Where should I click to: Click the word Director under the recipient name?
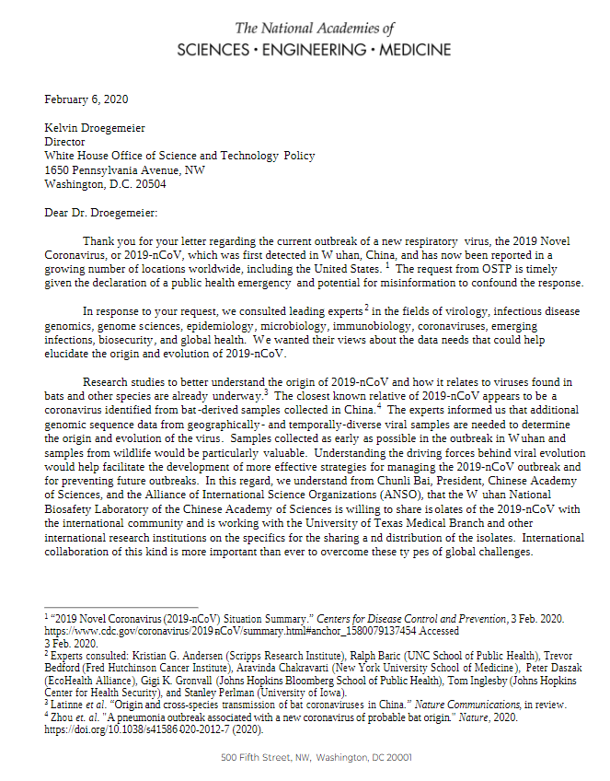click(x=64, y=143)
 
